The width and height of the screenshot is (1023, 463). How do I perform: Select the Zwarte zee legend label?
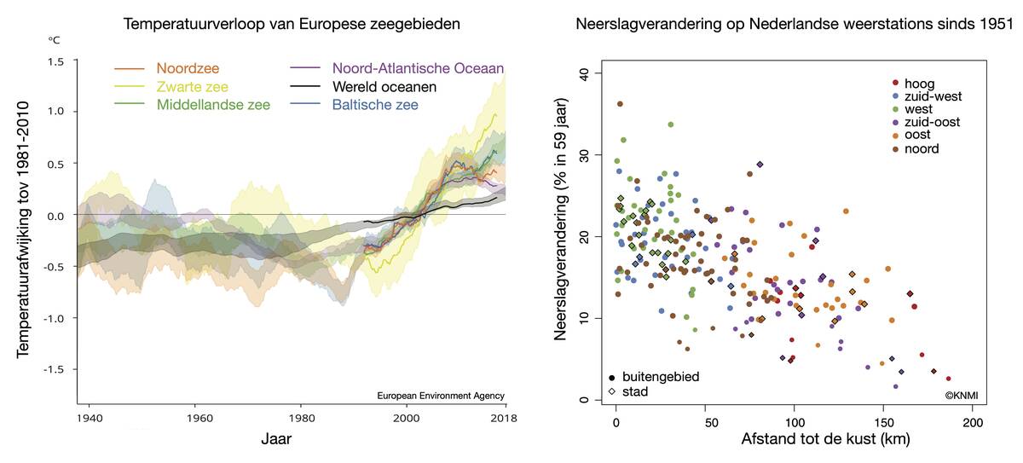[x=192, y=86]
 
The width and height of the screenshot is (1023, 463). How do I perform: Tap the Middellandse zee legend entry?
[x=214, y=104]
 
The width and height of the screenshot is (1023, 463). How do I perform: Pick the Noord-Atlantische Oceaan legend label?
[x=418, y=68]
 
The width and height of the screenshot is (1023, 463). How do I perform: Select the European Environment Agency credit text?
[x=440, y=396]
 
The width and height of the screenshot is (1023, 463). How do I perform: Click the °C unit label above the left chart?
[x=53, y=40]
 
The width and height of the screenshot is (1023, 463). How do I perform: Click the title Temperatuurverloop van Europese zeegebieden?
[x=292, y=24]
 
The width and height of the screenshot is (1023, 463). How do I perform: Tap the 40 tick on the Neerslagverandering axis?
[x=584, y=74]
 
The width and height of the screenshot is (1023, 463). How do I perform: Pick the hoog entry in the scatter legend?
[x=922, y=84]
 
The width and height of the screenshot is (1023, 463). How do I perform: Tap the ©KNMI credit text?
[x=961, y=396]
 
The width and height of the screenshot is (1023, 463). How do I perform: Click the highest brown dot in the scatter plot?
[x=620, y=104]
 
